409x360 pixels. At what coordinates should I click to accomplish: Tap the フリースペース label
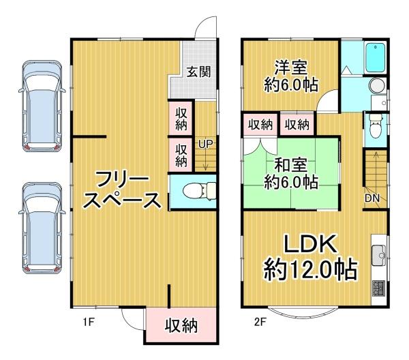point(127,191)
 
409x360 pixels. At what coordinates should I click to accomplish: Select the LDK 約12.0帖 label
point(311,257)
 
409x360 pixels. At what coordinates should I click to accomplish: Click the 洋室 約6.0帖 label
point(290,76)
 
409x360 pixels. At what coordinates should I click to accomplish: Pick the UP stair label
point(204,145)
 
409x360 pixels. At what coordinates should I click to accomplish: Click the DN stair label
point(372,198)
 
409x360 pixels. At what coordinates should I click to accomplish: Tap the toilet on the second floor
point(374,127)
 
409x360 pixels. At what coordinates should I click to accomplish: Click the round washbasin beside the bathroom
point(376,86)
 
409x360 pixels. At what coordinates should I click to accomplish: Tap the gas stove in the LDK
point(378,288)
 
